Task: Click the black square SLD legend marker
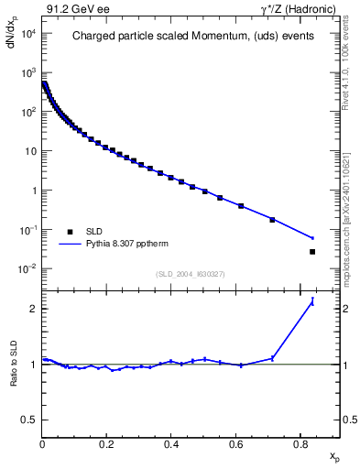pos(70,232)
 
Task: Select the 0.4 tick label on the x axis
pos(171,445)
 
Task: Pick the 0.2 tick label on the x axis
pos(106,445)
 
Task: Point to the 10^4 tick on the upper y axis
pos(27,34)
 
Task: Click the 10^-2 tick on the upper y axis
pos(27,268)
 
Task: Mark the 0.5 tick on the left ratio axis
pos(29,420)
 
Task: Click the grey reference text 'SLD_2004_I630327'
pos(191,274)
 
